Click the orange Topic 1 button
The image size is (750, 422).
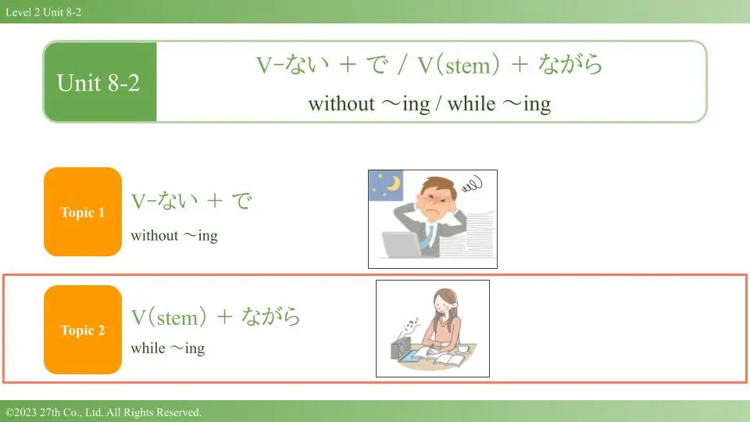[83, 212]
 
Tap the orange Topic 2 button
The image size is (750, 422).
[83, 330]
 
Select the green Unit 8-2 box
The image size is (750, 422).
[100, 82]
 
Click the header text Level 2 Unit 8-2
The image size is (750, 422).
[44, 12]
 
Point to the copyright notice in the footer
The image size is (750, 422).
[103, 412]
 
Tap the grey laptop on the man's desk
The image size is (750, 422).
[401, 245]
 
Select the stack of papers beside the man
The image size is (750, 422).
[469, 234]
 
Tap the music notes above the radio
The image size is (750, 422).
[411, 326]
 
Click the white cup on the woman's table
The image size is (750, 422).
[463, 348]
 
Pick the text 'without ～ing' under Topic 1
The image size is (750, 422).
[174, 235]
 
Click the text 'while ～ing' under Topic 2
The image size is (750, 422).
[168, 348]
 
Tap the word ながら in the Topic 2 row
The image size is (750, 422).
[271, 316]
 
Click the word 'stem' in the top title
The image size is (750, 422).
[468, 66]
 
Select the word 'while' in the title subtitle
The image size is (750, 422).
[471, 103]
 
